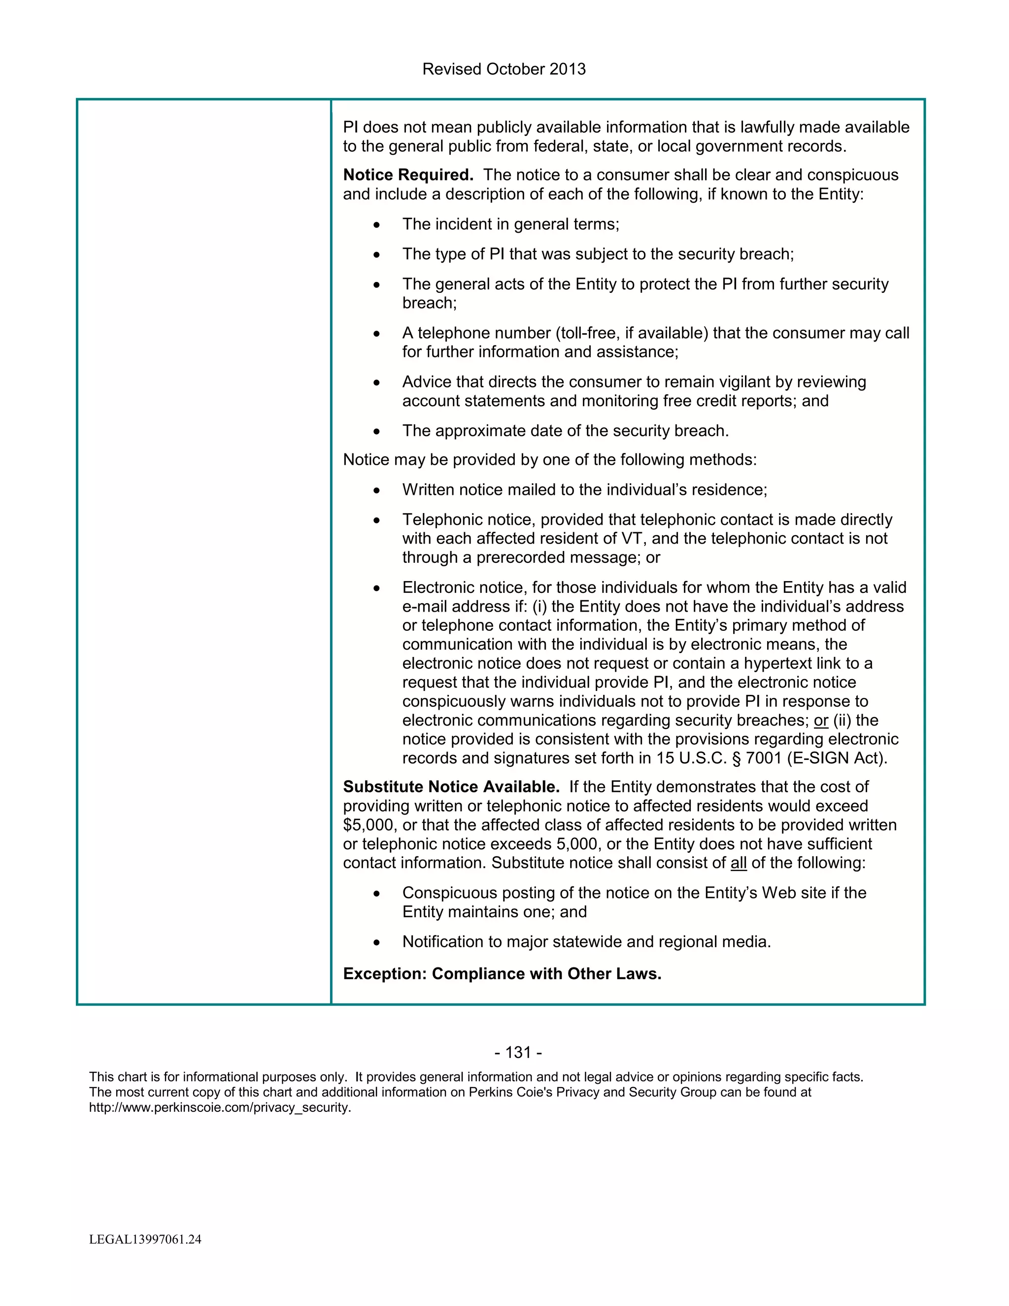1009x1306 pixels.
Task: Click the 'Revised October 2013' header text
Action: (x=504, y=69)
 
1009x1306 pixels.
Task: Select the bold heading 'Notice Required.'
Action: (x=407, y=175)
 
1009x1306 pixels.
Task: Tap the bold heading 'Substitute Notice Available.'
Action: (x=451, y=787)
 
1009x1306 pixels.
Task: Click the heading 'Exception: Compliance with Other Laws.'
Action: (x=502, y=974)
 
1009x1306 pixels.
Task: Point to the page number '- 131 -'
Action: (x=518, y=1053)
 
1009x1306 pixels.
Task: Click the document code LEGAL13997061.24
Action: (x=145, y=1239)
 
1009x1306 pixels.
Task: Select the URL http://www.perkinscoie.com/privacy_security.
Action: (x=220, y=1107)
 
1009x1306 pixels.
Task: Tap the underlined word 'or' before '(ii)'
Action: (x=821, y=721)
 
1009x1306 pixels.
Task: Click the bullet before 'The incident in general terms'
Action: (x=376, y=225)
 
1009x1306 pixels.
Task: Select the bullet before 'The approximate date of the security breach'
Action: (x=376, y=432)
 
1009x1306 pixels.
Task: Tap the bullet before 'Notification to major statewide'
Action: (x=376, y=942)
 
